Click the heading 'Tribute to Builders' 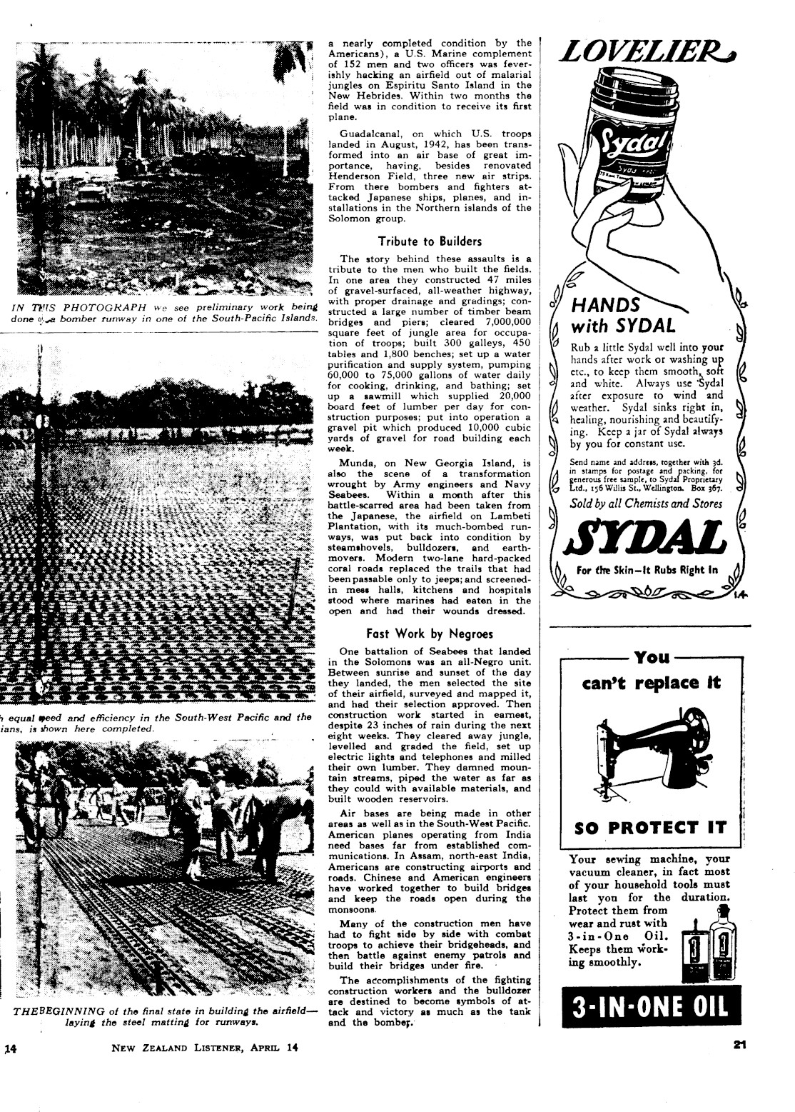click(430, 241)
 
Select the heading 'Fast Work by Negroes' click(430, 633)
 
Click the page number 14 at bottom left click(10, 1049)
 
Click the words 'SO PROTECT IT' click(650, 828)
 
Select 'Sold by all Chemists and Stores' click(646, 504)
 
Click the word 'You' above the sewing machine click(652, 657)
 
